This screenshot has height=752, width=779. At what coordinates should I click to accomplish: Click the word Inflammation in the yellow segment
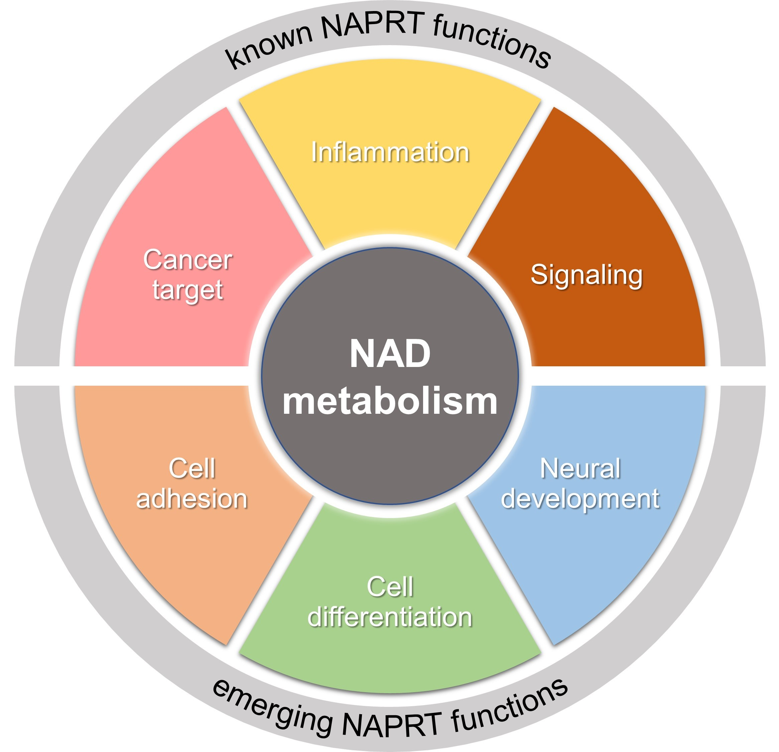point(390,152)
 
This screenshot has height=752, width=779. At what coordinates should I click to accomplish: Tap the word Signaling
point(586,275)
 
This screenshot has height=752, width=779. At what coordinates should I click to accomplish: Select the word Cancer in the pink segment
point(187,260)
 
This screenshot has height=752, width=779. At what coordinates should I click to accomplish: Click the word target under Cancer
point(187,290)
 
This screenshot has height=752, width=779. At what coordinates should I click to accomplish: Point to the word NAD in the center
point(390,354)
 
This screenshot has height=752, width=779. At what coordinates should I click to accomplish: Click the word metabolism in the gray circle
point(390,401)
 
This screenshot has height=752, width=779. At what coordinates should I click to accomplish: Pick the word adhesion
point(191,498)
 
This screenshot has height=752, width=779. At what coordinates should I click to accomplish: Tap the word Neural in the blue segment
point(580,469)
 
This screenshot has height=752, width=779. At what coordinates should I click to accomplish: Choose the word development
point(580,498)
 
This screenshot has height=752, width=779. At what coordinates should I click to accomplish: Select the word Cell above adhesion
point(191,469)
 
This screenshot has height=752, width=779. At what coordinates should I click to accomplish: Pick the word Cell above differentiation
point(390,587)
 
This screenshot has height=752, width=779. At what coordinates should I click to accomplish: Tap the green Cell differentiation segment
point(390,656)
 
